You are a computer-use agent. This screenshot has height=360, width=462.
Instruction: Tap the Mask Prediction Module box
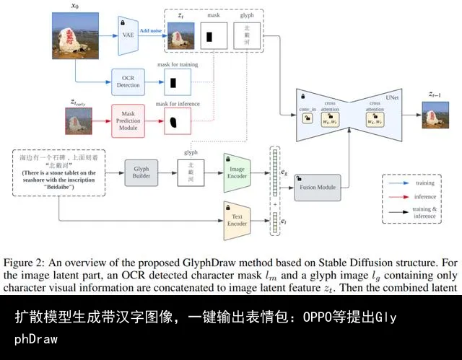pos(128,120)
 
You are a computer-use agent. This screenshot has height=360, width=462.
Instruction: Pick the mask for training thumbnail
pos(173,85)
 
